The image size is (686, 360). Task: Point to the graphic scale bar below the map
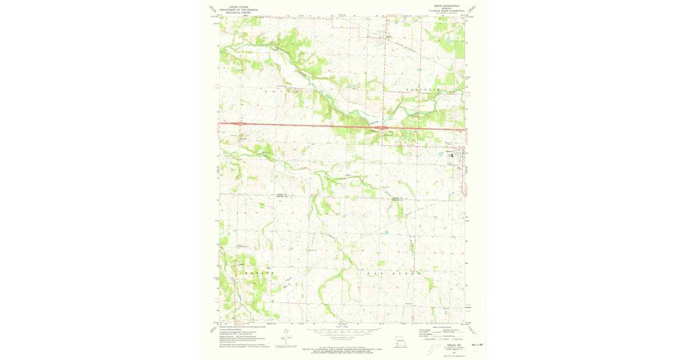343,330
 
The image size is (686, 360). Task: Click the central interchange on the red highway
384,128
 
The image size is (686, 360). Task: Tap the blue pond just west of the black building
441,153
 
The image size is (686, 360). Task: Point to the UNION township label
278,91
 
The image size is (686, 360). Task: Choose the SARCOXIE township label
423,90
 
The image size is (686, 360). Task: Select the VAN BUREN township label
394,274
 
